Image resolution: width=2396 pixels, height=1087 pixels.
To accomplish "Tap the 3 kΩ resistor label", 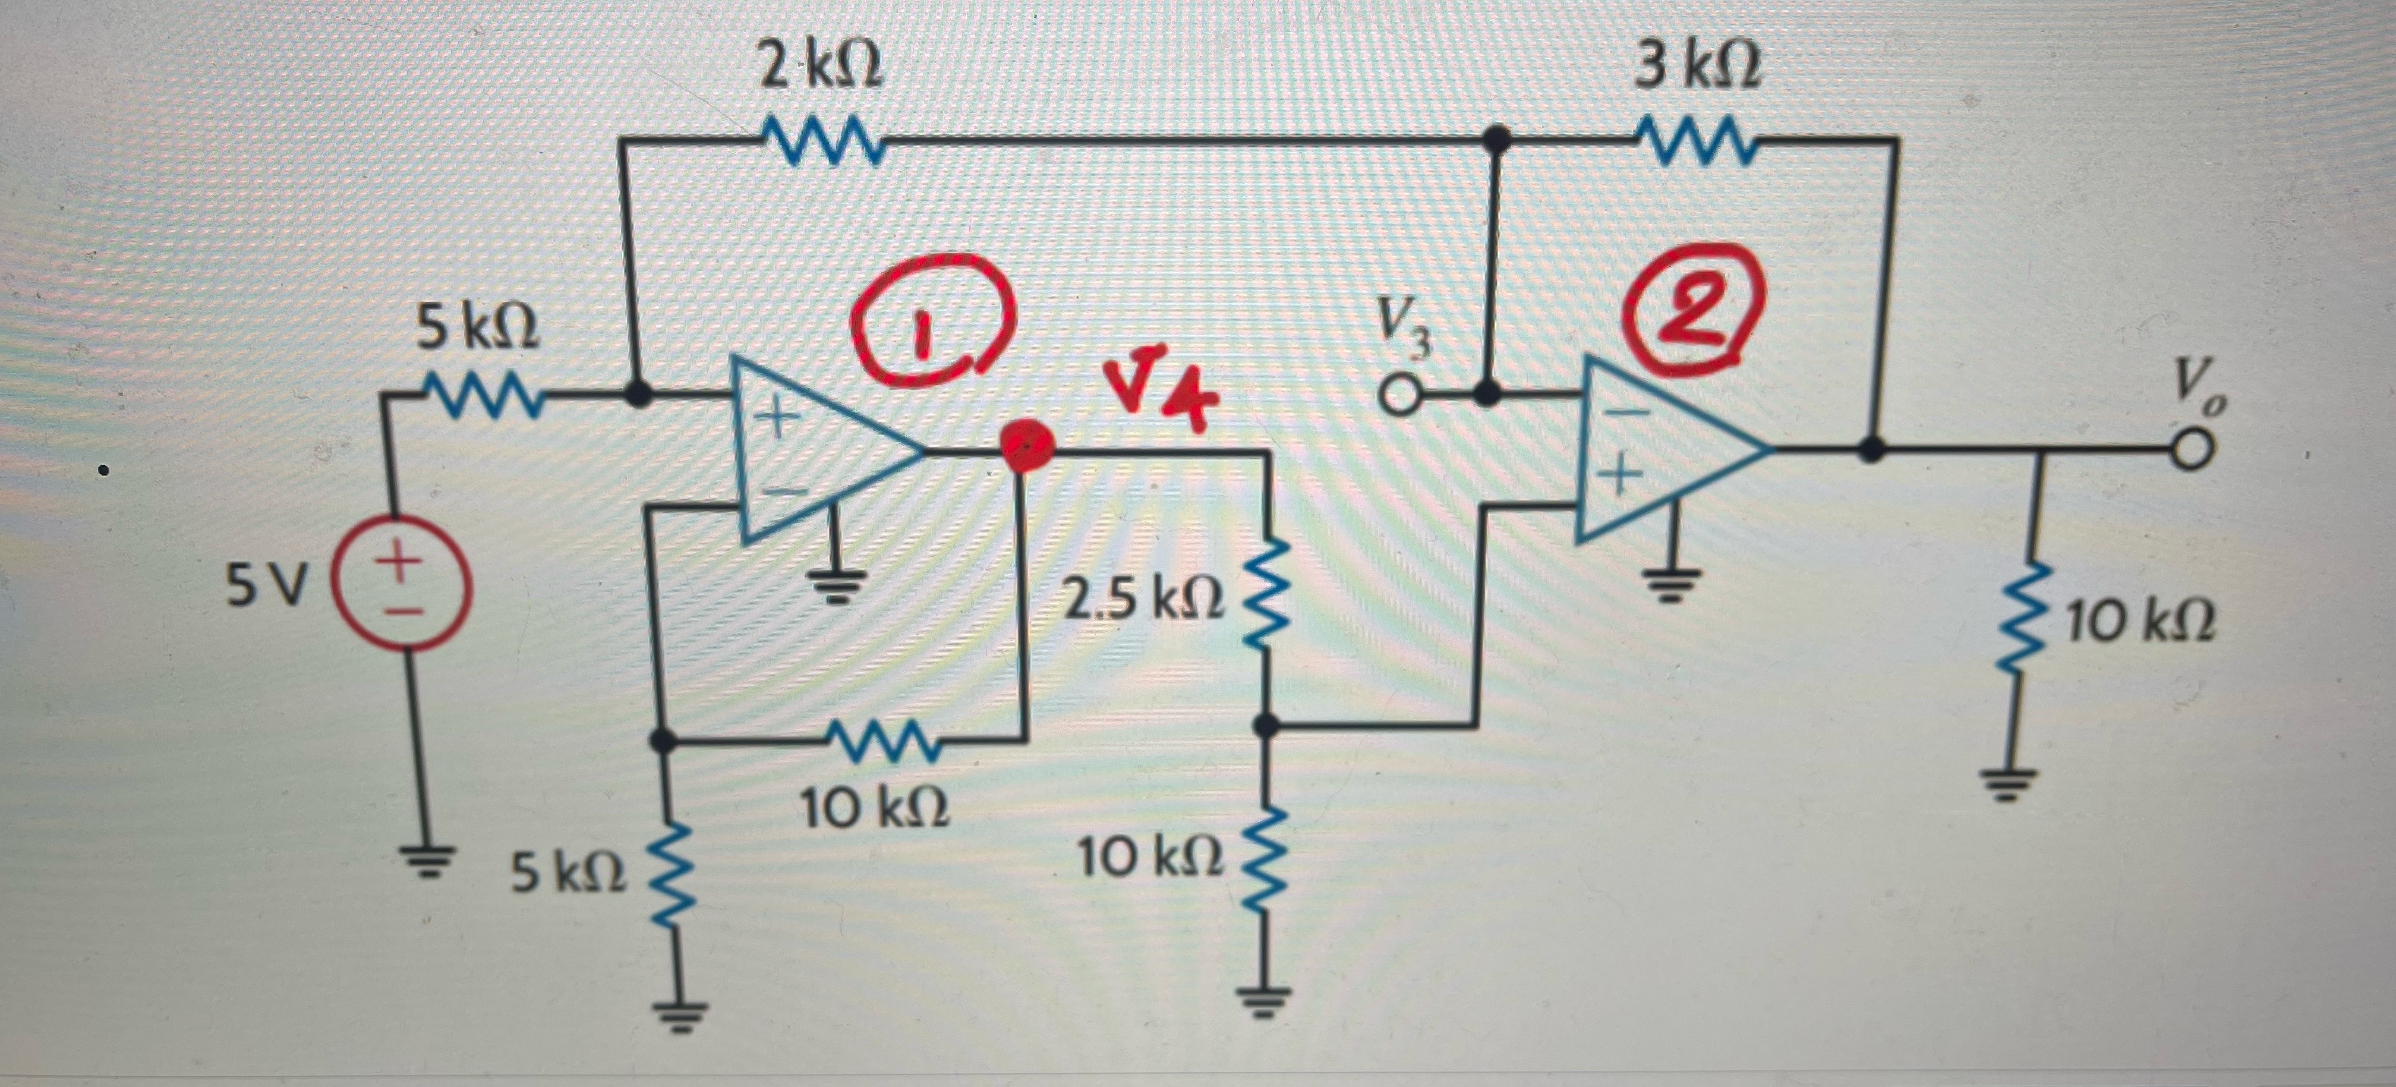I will click(x=1698, y=68).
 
